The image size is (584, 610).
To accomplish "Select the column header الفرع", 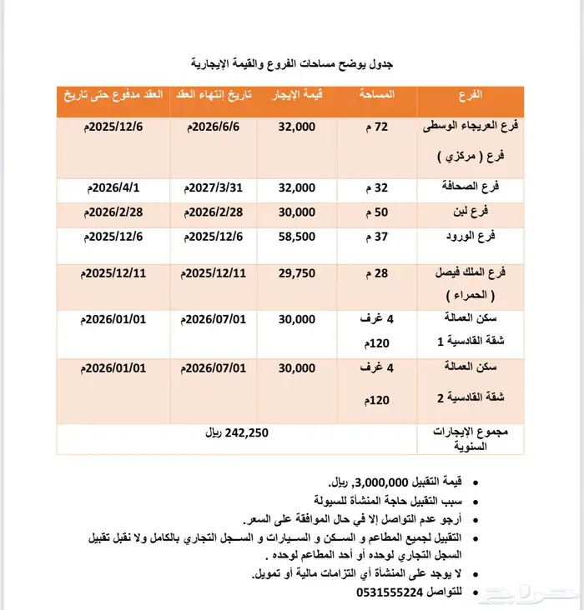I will point(471,96).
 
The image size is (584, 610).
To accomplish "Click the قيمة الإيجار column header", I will point(294,96).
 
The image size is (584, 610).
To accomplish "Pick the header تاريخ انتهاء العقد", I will point(209,96).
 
